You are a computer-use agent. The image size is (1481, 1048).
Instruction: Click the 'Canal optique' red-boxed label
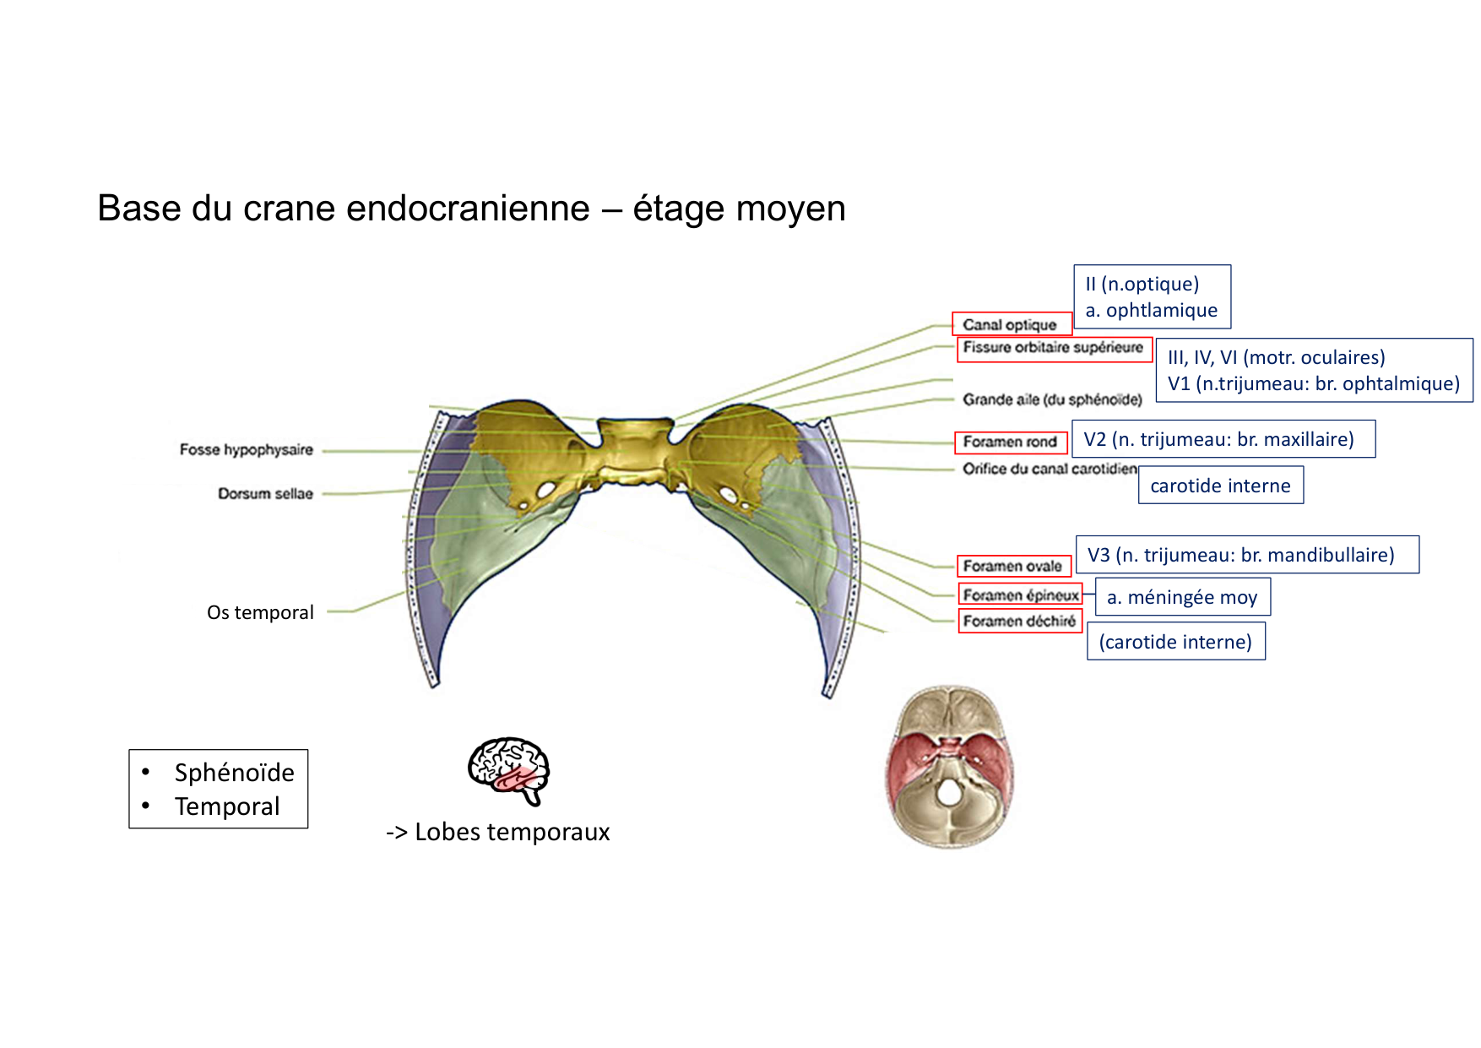point(1012,324)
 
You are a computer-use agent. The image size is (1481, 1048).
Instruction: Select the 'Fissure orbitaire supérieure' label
point(1054,347)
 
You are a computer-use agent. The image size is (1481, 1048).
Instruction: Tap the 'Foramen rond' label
point(1011,442)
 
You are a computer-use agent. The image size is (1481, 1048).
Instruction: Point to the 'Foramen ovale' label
point(1013,566)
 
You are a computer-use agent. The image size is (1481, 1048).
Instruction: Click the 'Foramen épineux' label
point(1020,595)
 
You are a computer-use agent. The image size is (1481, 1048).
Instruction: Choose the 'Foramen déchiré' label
point(1020,621)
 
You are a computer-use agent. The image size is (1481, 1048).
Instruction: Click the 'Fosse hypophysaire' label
point(246,449)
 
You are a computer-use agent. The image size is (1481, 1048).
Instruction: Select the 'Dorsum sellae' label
point(265,493)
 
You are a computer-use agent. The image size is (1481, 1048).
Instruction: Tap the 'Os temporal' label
point(260,612)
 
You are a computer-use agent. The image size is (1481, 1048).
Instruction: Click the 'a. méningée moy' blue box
point(1182,597)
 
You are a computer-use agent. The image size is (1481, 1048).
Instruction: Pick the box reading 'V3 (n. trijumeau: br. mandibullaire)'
point(1246,555)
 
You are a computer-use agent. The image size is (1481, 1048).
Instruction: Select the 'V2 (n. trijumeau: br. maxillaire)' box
point(1223,439)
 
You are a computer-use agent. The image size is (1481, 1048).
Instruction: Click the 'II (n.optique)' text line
point(1142,284)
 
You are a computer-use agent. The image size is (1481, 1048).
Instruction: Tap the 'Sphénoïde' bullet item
point(234,772)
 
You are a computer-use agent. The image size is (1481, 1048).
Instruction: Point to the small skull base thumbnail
point(949,767)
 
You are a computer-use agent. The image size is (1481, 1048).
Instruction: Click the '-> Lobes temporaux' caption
point(497,832)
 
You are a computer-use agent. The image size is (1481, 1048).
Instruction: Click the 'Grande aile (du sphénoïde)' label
point(1052,399)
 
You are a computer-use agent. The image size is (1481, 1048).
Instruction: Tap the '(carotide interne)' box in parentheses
point(1175,642)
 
